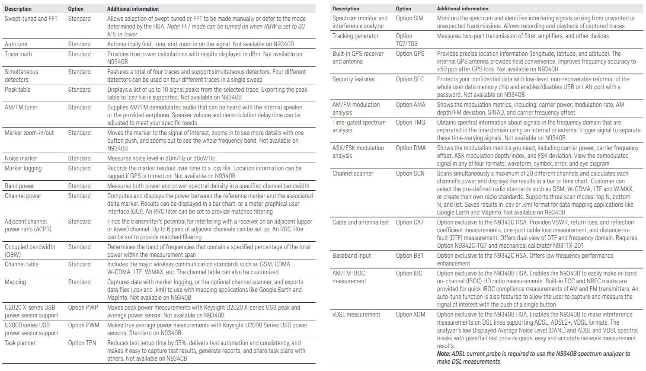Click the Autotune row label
(18, 44)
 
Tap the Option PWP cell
(83, 307)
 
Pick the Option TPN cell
(82, 343)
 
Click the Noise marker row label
(21, 158)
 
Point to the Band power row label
(19, 186)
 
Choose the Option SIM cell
(409, 18)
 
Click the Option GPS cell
(410, 54)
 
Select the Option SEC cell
(409, 79)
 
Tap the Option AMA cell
(410, 105)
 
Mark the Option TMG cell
(410, 122)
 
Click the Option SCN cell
(410, 173)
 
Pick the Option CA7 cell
(409, 222)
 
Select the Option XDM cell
(410, 314)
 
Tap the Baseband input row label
(352, 256)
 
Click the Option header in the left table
(76, 9)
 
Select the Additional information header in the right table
(462, 9)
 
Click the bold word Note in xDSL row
(443, 354)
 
